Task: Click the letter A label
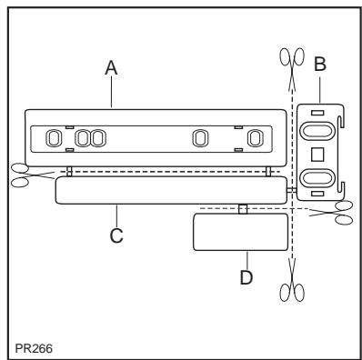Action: point(112,66)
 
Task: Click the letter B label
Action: point(320,65)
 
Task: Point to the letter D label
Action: point(245,277)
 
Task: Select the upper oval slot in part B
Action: point(317,130)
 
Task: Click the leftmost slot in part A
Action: point(53,138)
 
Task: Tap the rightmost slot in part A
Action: point(257,138)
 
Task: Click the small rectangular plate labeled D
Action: point(239,233)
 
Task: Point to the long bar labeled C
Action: point(169,190)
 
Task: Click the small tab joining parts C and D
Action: point(242,209)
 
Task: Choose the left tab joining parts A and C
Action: point(69,172)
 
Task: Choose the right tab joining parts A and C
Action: point(267,172)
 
